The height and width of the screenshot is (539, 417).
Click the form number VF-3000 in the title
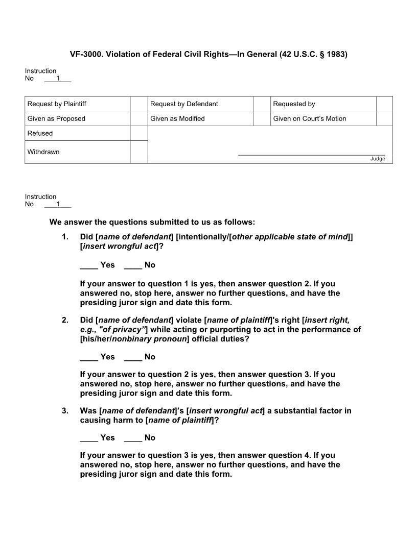coord(85,54)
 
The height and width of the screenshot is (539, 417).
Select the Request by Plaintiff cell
coord(57,104)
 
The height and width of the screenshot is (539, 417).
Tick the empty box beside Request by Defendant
coord(261,104)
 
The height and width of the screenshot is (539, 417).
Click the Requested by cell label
coord(294,104)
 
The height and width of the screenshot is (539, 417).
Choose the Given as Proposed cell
coord(56,119)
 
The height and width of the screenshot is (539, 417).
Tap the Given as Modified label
coord(177,119)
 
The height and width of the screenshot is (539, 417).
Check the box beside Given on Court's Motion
coord(384,119)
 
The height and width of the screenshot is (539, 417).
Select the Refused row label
coord(40,134)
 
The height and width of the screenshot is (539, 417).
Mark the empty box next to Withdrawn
coord(138,152)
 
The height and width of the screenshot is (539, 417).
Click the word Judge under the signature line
coord(378,159)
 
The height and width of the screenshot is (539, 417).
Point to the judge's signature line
coord(311,155)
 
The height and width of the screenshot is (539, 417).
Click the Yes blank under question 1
coord(89,265)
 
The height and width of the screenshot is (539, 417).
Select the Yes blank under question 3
coord(89,438)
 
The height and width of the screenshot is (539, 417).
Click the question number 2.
coord(65,321)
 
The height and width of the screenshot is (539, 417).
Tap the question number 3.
coord(65,411)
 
